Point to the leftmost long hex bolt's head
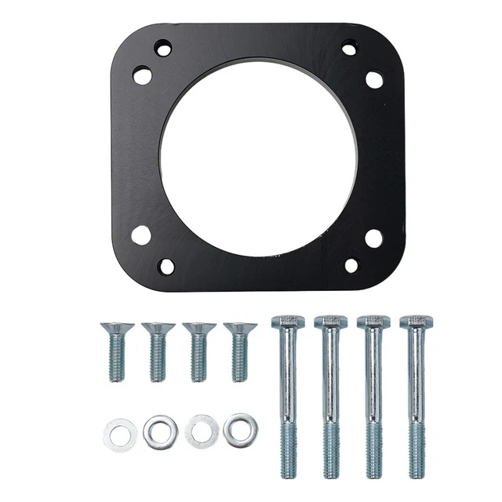coord(288,322)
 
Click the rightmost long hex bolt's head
coord(416,322)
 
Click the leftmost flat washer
coord(120,434)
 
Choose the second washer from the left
coord(160,432)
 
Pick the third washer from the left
coord(202,432)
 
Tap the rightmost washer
coord(240,430)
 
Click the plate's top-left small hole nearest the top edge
coord(163,49)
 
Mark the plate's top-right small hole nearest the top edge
coord(350,49)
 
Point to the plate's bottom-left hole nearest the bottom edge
coord(166,266)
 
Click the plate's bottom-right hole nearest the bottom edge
coord(351,265)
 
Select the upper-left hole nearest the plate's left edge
coord(142,75)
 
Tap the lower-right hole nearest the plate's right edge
coord(374,238)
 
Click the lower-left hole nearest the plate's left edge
coord(141,235)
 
